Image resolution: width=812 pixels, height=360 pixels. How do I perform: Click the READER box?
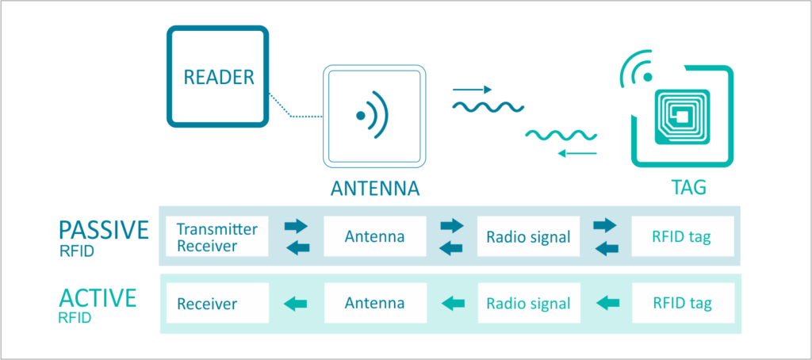click(218, 77)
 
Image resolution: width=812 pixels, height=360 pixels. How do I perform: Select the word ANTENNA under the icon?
click(374, 190)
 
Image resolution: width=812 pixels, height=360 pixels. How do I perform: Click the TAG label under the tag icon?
click(687, 190)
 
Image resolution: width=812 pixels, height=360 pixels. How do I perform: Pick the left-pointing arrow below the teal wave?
click(576, 152)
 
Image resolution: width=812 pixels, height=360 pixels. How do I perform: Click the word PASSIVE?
click(104, 230)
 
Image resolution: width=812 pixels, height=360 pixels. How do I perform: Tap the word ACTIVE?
click(98, 298)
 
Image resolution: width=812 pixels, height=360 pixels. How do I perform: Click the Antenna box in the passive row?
click(375, 236)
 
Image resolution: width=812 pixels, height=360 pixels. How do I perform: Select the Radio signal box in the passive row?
click(528, 236)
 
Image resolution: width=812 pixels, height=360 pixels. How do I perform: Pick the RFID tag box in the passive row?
click(682, 236)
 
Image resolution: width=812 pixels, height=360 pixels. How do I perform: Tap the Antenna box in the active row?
click(375, 303)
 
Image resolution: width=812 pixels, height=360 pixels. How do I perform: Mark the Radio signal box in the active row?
click(528, 303)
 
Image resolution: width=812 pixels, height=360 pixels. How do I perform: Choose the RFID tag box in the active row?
click(682, 303)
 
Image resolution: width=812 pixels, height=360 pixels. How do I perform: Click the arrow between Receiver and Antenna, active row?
click(296, 303)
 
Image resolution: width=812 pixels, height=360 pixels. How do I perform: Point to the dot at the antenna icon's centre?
click(361, 116)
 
